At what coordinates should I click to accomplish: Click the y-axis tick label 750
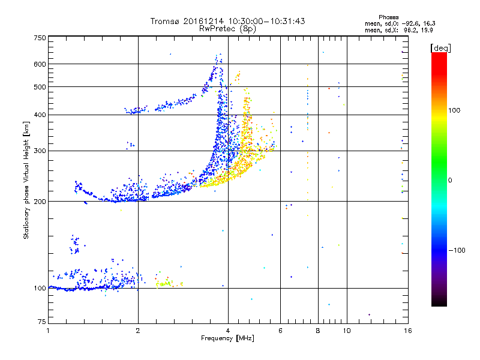40,38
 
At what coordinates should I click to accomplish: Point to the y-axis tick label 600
40,64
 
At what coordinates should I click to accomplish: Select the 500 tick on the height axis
40,87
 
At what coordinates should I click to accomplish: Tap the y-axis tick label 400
40,115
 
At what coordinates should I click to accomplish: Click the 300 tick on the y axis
40,151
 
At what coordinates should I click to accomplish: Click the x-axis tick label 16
407,331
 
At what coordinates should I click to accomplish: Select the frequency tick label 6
280,331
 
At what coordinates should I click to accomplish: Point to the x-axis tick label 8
318,331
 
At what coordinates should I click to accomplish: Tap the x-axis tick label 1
49,331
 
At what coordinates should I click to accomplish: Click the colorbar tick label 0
450,180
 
